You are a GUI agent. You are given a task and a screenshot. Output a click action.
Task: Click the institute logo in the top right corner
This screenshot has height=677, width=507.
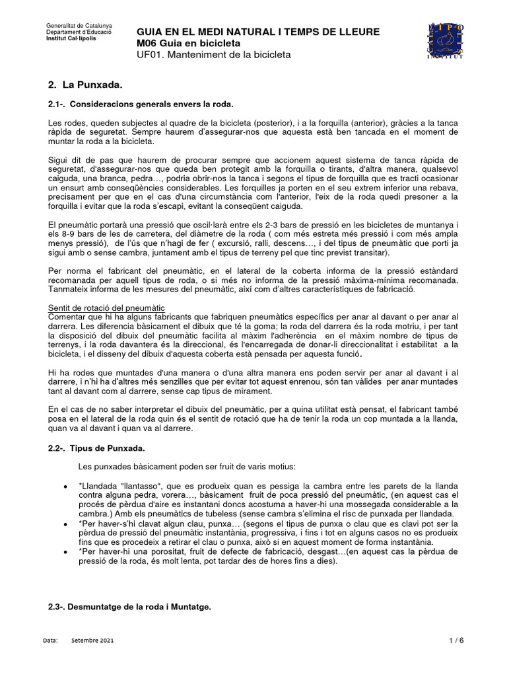click(446, 40)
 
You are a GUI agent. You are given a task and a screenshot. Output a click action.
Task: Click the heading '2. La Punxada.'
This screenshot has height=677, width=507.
click(86, 86)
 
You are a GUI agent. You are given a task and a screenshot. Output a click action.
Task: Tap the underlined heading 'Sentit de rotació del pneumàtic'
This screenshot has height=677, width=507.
click(106, 308)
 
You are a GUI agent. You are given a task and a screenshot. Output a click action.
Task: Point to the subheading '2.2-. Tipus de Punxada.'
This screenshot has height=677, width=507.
click(96, 449)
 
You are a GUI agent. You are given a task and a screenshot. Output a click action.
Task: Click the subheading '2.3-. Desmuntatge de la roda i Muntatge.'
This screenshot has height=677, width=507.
click(130, 607)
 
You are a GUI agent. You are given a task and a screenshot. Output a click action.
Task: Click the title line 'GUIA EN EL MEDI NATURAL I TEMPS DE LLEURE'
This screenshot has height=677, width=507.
click(257, 31)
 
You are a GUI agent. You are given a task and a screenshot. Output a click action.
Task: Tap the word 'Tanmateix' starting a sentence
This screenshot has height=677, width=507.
click(70, 290)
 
